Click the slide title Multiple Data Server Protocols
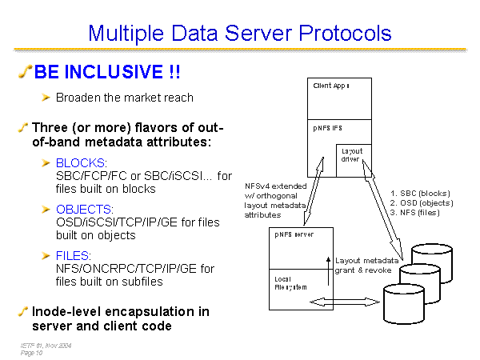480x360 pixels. point(239,33)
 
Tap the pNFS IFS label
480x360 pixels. point(327,127)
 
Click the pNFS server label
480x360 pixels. point(294,235)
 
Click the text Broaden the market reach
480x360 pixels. point(124,98)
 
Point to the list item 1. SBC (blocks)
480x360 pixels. point(420,194)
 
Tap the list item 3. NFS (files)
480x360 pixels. point(416,213)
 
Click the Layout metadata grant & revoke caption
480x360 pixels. point(366,265)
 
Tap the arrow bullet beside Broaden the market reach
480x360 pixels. point(46,98)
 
